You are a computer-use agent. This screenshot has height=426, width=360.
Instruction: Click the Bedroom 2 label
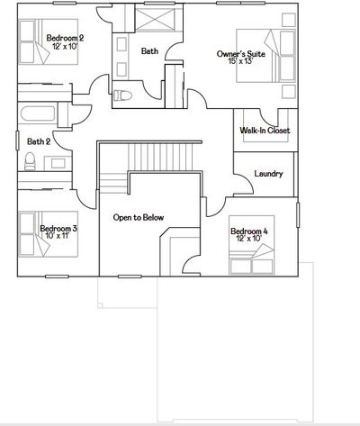65,38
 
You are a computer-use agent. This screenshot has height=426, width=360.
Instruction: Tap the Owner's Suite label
241,54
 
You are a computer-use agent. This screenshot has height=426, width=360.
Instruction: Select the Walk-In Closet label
265,131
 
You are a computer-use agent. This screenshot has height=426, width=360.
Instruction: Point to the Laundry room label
268,174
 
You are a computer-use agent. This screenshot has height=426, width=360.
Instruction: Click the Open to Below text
139,217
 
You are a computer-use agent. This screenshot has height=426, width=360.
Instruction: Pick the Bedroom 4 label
249,231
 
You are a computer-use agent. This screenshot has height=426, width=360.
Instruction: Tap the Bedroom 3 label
58,229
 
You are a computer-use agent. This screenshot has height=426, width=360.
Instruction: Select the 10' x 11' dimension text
58,235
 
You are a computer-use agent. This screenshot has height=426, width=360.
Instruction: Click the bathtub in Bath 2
38,113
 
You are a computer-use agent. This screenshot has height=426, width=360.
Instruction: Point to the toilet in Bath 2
30,161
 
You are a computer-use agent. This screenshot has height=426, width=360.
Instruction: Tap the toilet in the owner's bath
122,95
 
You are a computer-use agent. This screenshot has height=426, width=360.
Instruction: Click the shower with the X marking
155,19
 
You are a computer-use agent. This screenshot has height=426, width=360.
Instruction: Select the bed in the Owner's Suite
265,56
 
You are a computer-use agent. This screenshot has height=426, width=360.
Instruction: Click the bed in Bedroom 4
251,245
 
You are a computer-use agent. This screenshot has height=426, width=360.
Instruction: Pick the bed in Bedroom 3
49,234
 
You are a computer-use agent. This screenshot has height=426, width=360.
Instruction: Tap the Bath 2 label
39,141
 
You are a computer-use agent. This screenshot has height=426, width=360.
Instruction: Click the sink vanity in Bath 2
58,163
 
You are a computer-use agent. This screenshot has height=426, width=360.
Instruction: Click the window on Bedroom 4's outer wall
298,215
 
